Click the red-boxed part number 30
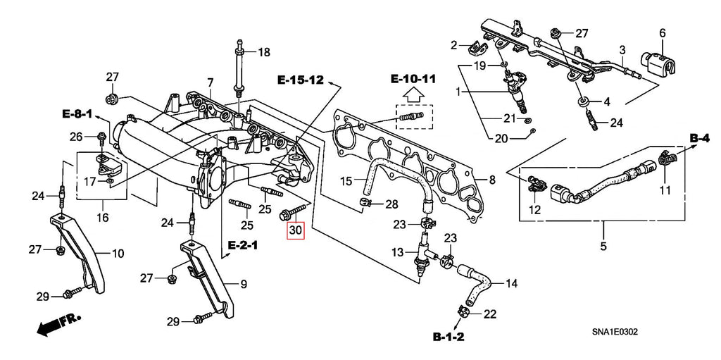(295, 229)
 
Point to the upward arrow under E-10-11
(413, 94)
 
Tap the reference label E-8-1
(77, 113)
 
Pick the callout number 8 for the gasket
(491, 180)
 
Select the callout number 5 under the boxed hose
(603, 247)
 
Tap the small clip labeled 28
(366, 204)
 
